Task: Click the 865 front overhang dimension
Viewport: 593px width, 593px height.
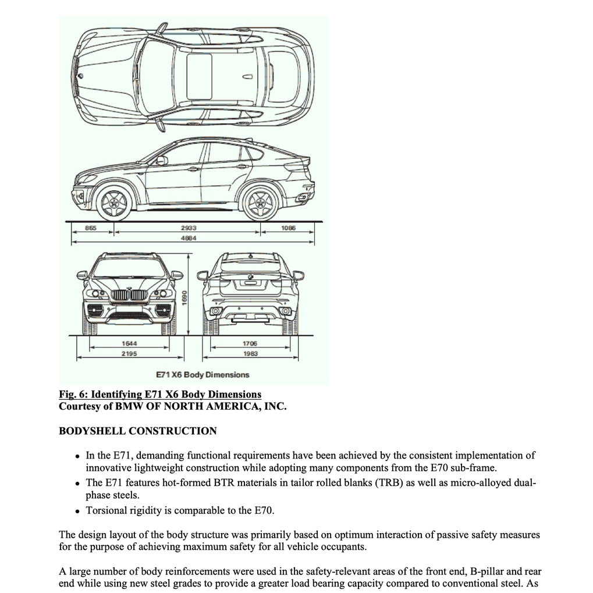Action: click(90, 228)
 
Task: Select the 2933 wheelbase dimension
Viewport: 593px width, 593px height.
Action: click(188, 228)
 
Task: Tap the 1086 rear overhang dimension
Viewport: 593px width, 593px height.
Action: click(288, 228)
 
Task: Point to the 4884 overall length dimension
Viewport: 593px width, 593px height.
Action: click(188, 238)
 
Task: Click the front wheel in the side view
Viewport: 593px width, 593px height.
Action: click(113, 202)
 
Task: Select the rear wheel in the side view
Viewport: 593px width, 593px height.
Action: click(260, 202)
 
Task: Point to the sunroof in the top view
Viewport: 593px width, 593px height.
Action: click(199, 76)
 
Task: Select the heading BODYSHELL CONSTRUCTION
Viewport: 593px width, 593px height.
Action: click(138, 431)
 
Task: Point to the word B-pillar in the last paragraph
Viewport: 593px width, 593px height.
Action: click(487, 572)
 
